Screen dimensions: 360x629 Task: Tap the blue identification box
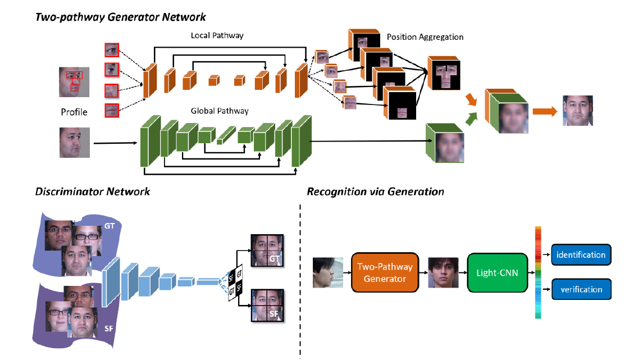pos(581,254)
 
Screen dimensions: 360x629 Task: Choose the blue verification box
pos(581,290)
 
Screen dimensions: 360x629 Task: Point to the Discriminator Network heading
pos(93,192)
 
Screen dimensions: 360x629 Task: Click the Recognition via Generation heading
pos(375,192)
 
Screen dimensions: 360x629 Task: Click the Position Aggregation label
pos(425,37)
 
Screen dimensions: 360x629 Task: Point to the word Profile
pos(74,112)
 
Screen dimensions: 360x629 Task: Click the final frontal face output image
pos(578,111)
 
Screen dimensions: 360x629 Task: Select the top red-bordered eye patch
pos(112,50)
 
